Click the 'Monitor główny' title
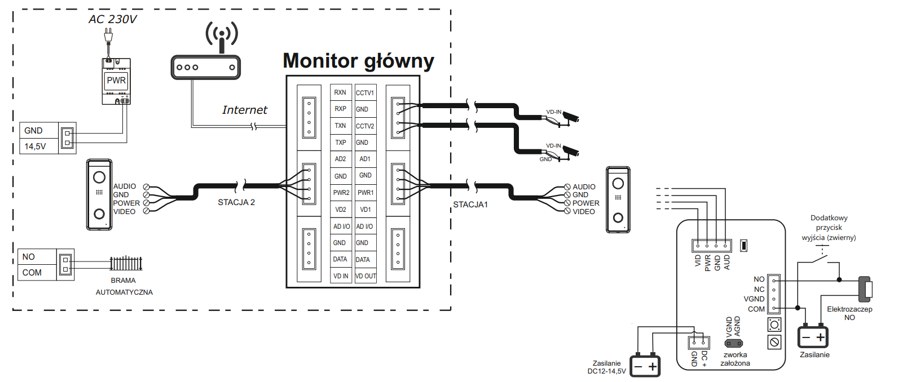[358, 61]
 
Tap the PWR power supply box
[116, 81]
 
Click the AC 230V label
[113, 19]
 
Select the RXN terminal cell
[341, 92]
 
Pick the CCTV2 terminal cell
[366, 126]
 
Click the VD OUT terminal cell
[366, 276]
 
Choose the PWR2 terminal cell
[341, 193]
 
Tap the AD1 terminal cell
[366, 159]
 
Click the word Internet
[245, 110]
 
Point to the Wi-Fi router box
[206, 67]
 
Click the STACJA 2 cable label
[236, 202]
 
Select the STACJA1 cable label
[470, 205]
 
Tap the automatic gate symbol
[126, 264]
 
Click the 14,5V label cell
[39, 146]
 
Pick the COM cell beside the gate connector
[37, 272]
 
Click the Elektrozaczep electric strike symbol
[866, 289]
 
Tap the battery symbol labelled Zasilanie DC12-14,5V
[645, 366]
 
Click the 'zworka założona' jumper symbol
[734, 344]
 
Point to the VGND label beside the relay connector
[754, 299]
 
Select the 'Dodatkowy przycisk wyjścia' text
[829, 228]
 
